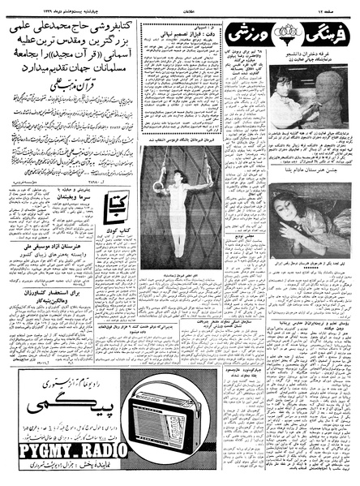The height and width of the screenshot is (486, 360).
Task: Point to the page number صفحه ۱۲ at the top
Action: [x=342, y=6]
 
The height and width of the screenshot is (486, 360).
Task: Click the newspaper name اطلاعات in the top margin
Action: [x=180, y=6]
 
